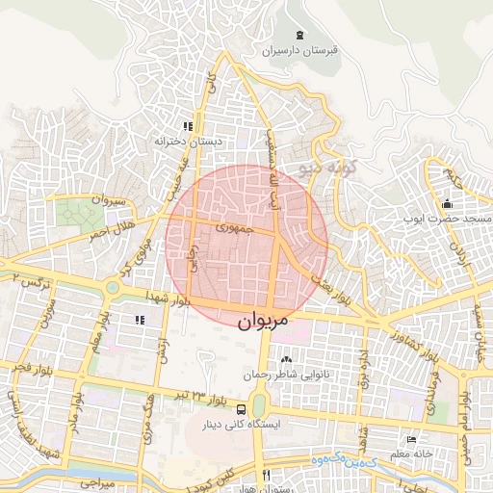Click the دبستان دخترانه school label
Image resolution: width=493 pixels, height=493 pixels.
(x=189, y=141)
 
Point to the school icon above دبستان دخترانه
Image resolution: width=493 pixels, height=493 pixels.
(x=189, y=125)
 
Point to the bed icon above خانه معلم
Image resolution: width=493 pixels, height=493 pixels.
(x=412, y=440)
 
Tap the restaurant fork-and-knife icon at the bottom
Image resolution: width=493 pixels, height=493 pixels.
(x=267, y=476)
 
